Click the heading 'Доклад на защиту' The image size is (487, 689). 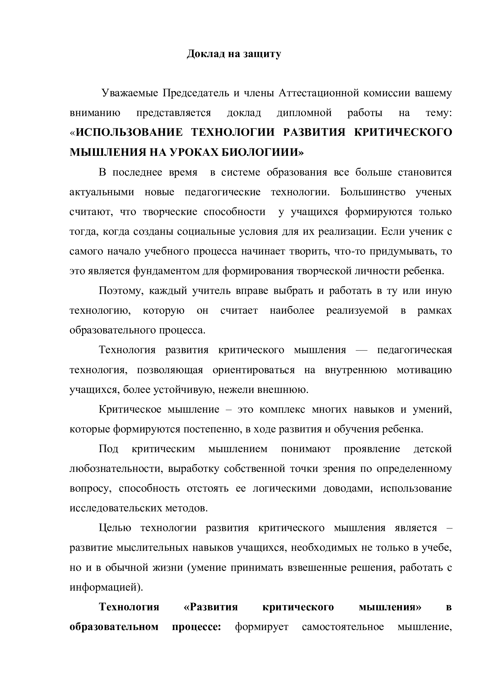[x=234, y=54]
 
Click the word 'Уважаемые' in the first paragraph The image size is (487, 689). [x=130, y=93]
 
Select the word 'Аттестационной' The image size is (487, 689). [x=319, y=93]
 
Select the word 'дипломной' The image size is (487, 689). [x=304, y=113]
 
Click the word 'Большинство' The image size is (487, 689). [x=373, y=192]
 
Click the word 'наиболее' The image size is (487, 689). [x=292, y=310]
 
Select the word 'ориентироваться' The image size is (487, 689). [x=254, y=370]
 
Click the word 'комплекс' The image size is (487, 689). [x=282, y=409]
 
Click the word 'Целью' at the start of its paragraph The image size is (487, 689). [x=115, y=528]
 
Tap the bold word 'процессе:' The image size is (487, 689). [x=196, y=627]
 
